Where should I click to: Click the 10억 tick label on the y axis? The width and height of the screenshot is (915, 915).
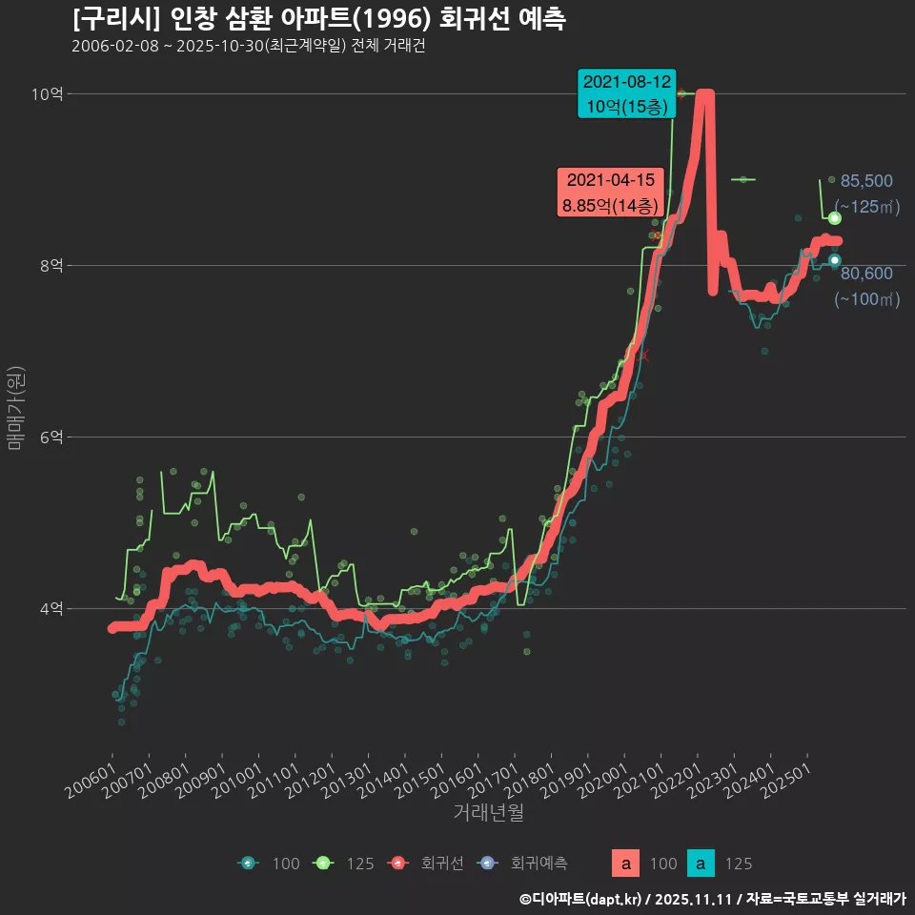[x=48, y=93]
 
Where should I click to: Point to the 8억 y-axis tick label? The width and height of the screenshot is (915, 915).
[x=51, y=265]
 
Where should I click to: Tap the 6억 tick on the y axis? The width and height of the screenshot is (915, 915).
[x=51, y=437]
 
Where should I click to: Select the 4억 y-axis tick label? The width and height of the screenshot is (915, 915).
[x=51, y=608]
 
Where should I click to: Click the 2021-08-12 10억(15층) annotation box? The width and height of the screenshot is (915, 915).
[x=627, y=93]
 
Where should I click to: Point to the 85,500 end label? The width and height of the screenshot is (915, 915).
[x=866, y=181]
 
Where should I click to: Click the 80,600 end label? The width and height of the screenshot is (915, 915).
[x=866, y=274]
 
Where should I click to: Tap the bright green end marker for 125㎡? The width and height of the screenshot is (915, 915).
[x=834, y=218]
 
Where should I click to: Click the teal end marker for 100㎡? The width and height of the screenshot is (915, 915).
[x=834, y=260]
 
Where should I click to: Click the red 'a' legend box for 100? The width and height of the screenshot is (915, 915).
[x=625, y=864]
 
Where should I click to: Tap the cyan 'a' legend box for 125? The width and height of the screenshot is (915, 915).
[x=701, y=864]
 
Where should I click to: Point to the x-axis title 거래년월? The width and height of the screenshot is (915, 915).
[x=488, y=813]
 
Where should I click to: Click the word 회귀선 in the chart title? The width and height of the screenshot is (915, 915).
[x=474, y=19]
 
